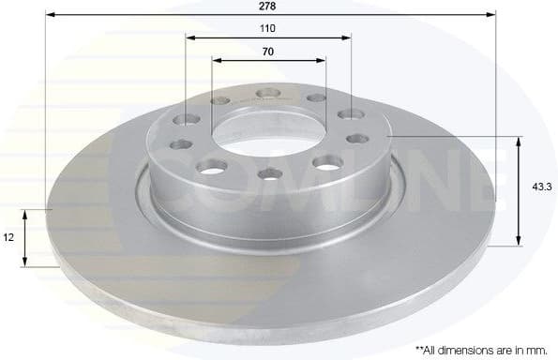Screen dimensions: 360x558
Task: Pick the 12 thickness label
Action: tap(8, 238)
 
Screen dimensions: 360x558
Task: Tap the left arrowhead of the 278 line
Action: tap(50, 15)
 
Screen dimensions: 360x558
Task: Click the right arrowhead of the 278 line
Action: tap(489, 15)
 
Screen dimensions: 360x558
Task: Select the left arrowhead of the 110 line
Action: tap(189, 37)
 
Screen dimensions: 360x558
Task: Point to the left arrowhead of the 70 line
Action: tap(217, 60)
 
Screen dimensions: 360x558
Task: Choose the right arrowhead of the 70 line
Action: tap(322, 60)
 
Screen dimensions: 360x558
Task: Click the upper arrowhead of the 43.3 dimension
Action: tap(519, 141)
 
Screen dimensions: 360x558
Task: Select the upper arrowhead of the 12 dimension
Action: tap(27, 214)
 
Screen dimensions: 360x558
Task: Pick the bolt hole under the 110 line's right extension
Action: tap(352, 114)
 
